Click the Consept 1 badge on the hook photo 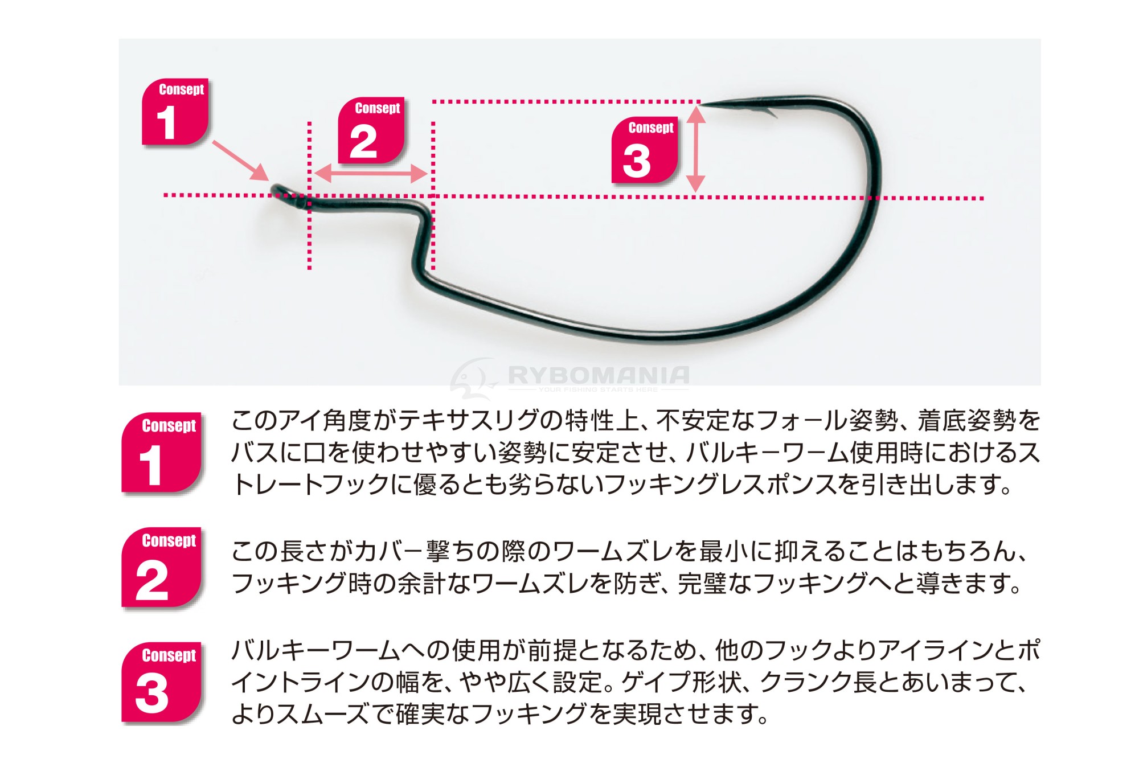click(x=175, y=112)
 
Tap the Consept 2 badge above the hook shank click(x=371, y=130)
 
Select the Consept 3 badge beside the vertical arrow click(x=645, y=150)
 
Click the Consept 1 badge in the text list click(x=162, y=452)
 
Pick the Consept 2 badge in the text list click(x=162, y=567)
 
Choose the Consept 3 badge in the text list click(x=162, y=682)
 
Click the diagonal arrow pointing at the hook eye click(x=240, y=161)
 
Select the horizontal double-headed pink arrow click(x=371, y=174)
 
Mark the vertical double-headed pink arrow click(x=696, y=149)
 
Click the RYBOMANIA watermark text click(x=599, y=375)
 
